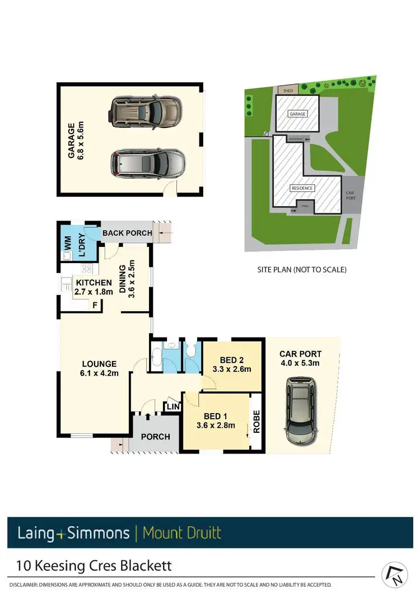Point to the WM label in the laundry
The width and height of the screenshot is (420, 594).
click(x=68, y=244)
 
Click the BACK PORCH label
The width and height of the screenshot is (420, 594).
click(x=127, y=233)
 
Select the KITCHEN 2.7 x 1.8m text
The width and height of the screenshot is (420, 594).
click(x=94, y=287)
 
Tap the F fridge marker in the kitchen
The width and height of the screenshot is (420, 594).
click(x=96, y=305)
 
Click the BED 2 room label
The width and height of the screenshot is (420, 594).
click(x=231, y=364)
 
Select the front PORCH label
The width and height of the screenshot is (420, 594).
click(x=155, y=436)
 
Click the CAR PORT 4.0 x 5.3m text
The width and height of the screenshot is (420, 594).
click(x=301, y=358)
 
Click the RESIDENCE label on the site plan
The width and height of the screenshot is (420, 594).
click(x=302, y=189)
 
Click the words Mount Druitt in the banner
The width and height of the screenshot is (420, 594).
click(x=182, y=532)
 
